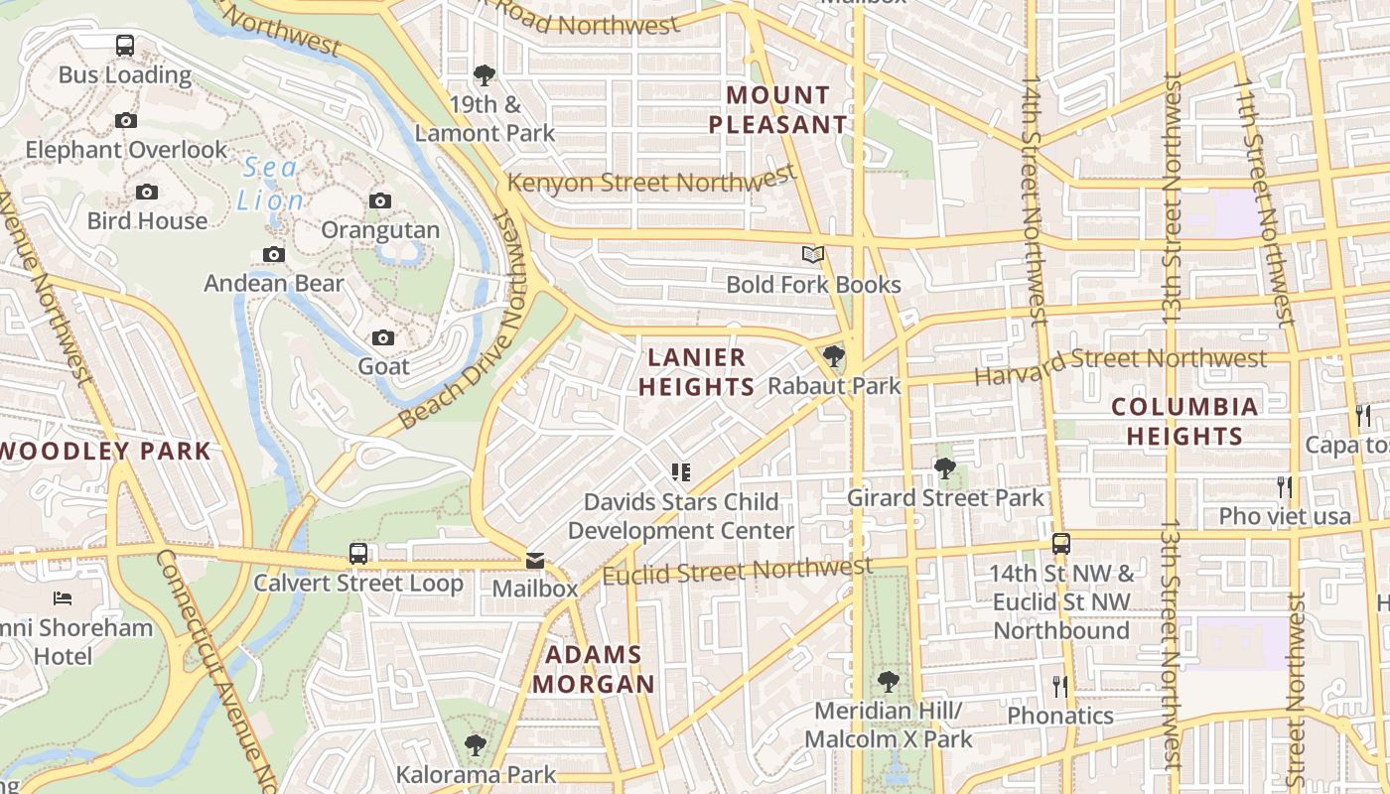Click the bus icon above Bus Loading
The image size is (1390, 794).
124,45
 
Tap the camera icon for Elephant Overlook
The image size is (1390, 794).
126,120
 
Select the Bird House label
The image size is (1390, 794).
147,220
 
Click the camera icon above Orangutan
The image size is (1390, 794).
379,201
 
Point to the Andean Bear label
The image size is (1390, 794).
274,283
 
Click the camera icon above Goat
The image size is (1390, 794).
383,338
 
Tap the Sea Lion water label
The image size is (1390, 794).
270,184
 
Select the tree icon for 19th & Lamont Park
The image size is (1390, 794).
485,74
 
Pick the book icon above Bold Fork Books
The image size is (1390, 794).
813,255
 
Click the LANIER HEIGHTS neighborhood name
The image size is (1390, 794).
697,372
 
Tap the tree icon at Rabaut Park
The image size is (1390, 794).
834,356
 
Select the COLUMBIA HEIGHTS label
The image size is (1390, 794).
1184,421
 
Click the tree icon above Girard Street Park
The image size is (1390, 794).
944,467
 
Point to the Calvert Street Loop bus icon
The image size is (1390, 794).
358,554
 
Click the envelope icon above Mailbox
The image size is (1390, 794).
535,561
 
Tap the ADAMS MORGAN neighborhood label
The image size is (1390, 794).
594,669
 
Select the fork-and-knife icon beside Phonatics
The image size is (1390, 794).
1060,686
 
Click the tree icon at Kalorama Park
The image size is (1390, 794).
476,744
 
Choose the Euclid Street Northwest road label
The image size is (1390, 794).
737,572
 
